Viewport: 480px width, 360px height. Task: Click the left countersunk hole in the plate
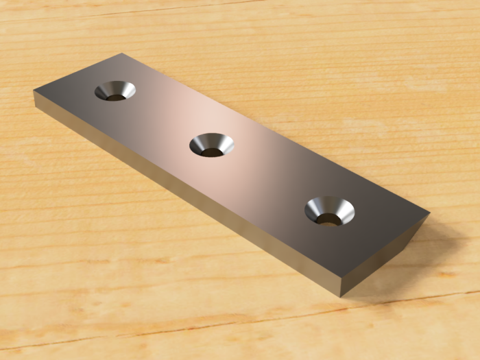pyautogui.click(x=115, y=90)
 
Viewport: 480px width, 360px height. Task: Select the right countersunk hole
pyautogui.click(x=330, y=211)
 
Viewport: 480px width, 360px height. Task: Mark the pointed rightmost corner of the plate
pyautogui.click(x=429, y=213)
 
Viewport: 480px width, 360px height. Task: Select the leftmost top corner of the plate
pyautogui.click(x=34, y=91)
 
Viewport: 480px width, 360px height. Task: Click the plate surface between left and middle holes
pyautogui.click(x=161, y=117)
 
